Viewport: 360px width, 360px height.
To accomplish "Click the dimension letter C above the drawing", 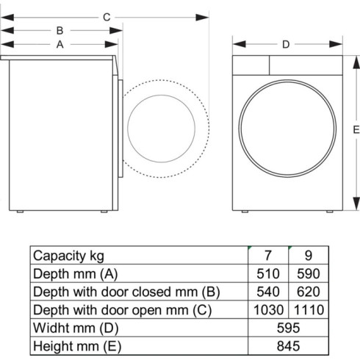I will pyautogui.click(x=107, y=16).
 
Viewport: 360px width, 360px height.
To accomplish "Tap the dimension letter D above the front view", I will pyautogui.click(x=286, y=44).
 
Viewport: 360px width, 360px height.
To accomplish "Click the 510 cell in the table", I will pyautogui.click(x=267, y=274).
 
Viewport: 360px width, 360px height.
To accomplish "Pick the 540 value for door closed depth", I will pyautogui.click(x=267, y=292).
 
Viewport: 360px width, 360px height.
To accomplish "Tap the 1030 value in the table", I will pyautogui.click(x=267, y=309).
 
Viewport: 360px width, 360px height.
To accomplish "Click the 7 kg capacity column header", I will pyautogui.click(x=267, y=256).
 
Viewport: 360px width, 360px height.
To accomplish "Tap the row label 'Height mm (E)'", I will pyautogui.click(x=76, y=345).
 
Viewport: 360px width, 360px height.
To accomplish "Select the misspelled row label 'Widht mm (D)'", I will pyautogui.click(x=73, y=327).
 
